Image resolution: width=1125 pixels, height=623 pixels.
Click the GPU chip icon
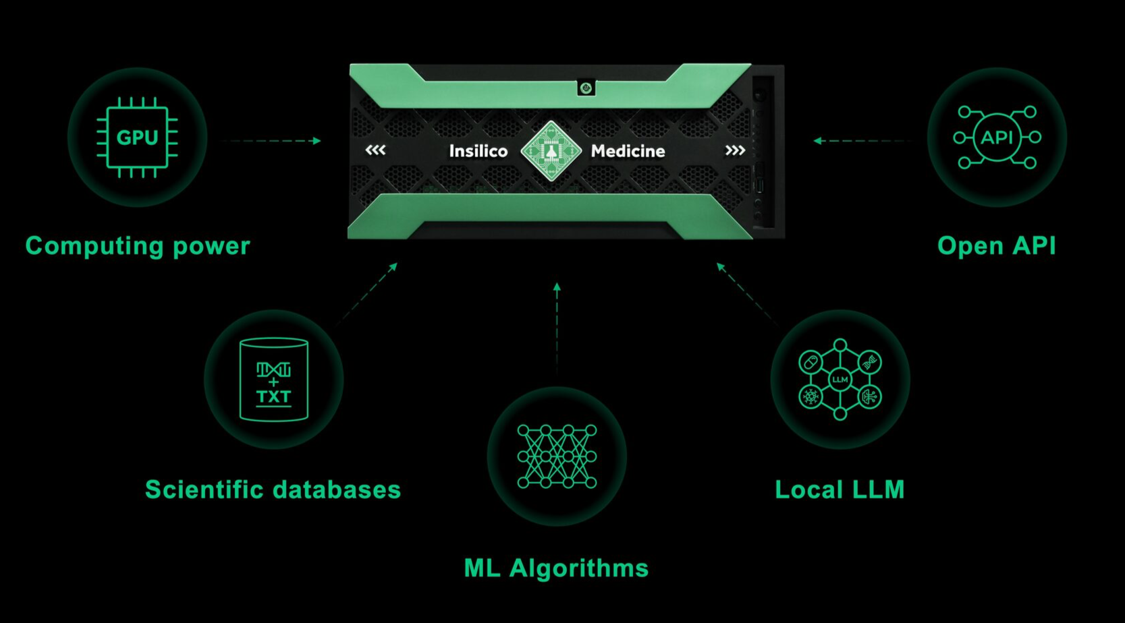click(137, 138)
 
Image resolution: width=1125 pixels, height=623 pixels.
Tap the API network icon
click(997, 138)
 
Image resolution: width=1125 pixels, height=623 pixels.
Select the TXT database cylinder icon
click(273, 380)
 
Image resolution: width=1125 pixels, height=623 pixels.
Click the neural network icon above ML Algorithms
click(557, 456)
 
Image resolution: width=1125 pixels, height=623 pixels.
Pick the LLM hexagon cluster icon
click(840, 380)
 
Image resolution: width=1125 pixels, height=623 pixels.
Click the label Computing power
click(138, 246)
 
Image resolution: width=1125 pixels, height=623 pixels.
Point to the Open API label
click(996, 246)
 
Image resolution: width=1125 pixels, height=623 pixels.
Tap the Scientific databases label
click(273, 490)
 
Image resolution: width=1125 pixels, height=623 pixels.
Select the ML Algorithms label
click(556, 568)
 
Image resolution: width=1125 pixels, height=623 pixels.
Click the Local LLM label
click(840, 490)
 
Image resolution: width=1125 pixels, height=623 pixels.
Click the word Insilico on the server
click(478, 151)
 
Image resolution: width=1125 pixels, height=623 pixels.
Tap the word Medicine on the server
click(628, 151)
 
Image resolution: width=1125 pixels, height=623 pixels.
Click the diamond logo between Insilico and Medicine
click(551, 151)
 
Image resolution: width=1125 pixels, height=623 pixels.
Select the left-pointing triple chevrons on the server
click(376, 150)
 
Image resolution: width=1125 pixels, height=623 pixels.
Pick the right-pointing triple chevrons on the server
click(735, 150)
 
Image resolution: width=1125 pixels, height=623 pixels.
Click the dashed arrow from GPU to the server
click(273, 141)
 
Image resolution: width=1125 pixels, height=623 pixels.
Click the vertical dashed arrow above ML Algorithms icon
click(557, 327)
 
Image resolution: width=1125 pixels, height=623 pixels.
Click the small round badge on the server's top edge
click(586, 88)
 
